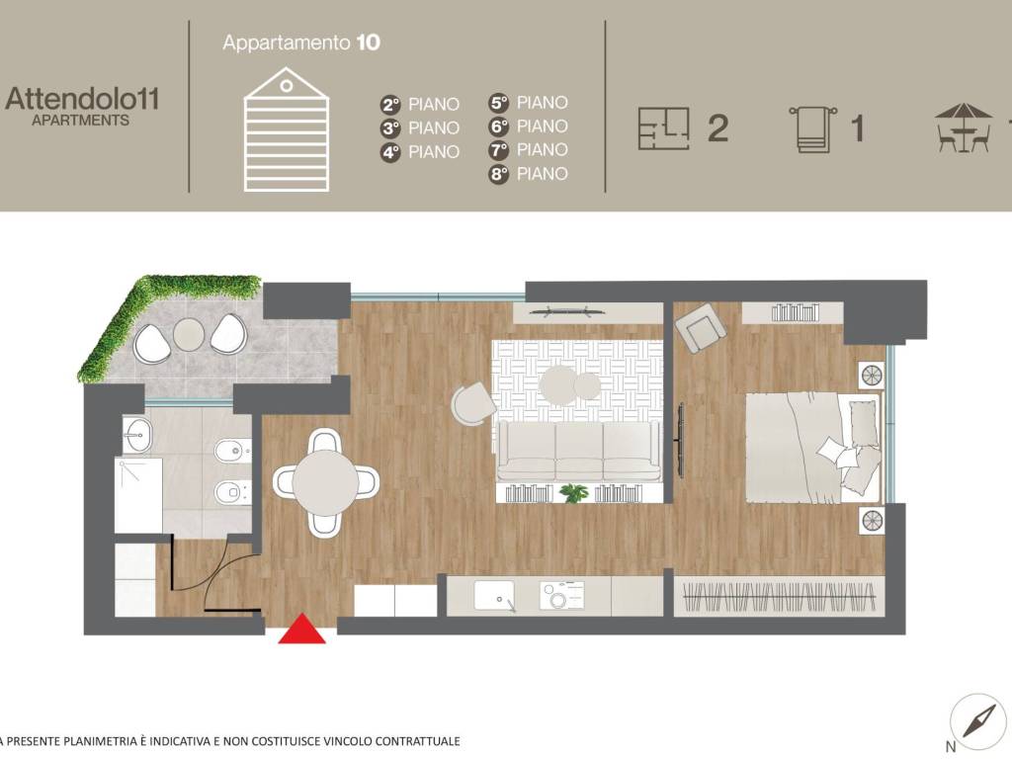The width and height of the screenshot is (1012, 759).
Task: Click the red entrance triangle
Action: [x=302, y=630]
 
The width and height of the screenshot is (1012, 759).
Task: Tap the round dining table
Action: [x=325, y=482]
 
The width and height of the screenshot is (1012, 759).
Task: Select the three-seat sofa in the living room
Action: [x=579, y=451]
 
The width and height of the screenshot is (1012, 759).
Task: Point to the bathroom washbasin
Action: [x=136, y=435]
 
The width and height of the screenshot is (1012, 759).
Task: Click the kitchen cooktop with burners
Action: [x=562, y=596]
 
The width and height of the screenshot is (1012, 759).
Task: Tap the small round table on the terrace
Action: [x=189, y=334]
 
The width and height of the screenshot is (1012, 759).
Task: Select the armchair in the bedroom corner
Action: [x=701, y=327]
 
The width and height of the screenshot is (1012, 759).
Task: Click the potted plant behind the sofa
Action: [x=574, y=494]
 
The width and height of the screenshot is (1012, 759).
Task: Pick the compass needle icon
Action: [x=978, y=720]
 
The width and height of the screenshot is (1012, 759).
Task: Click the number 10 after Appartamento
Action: [x=368, y=42]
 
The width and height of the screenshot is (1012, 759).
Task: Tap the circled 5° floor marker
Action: [x=499, y=103]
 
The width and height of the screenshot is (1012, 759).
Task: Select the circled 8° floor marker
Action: [x=499, y=174]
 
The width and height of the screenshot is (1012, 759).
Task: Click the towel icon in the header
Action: [x=812, y=129]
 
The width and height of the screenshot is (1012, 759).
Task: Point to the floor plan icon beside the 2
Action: [x=663, y=128]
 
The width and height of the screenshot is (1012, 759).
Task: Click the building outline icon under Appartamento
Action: [x=287, y=129]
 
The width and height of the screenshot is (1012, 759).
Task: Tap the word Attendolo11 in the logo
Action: [x=82, y=99]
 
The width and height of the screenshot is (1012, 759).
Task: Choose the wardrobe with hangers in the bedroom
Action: [x=779, y=597]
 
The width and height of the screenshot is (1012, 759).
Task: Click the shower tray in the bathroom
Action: [x=138, y=495]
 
